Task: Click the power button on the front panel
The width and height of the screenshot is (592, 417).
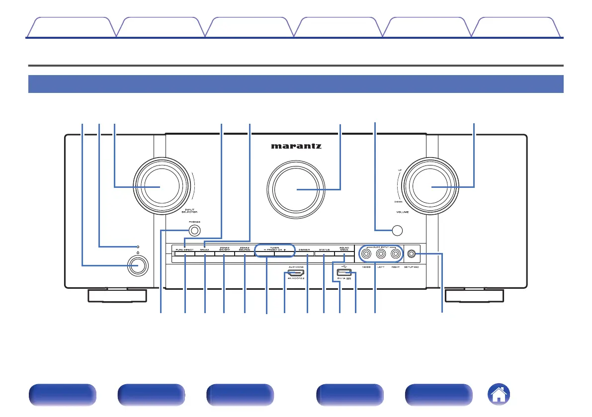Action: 139,266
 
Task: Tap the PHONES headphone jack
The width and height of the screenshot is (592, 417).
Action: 195,231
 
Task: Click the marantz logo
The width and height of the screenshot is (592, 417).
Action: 296,147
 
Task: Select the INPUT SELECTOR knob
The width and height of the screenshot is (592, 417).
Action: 161,187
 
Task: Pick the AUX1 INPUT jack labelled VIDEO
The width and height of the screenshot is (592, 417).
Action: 366,254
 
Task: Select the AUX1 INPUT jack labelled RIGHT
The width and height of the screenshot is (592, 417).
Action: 396,254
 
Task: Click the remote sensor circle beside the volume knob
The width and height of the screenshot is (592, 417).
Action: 396,230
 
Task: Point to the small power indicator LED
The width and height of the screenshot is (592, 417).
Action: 139,247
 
